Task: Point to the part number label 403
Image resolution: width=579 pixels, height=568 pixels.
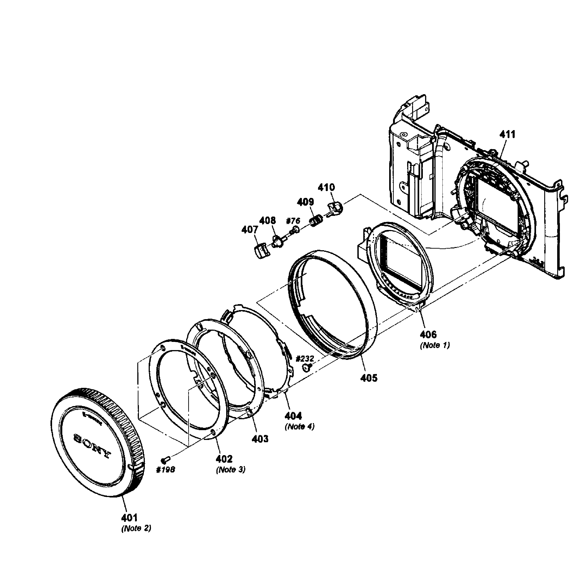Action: click(x=260, y=439)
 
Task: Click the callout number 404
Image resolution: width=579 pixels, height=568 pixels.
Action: click(x=293, y=416)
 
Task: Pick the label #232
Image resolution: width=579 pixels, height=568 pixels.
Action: click(x=305, y=358)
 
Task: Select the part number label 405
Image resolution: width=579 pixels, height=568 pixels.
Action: click(x=369, y=378)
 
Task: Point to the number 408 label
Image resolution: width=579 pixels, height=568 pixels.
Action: click(x=267, y=220)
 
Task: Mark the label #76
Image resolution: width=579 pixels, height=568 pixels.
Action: click(x=293, y=221)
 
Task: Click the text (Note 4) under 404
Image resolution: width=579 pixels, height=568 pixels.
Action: click(x=299, y=427)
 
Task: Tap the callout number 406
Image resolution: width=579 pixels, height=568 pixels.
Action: click(x=428, y=334)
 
